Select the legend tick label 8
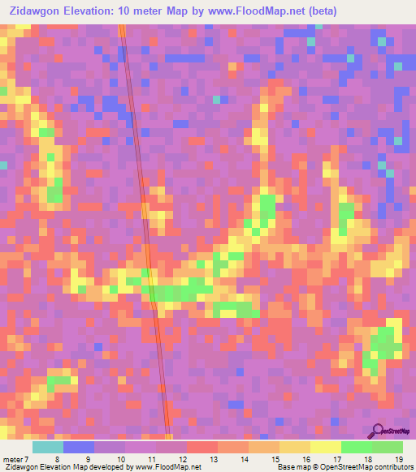click(57, 459)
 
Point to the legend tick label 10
click(120, 459)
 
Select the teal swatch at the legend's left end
click(47, 447)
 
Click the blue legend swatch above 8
click(79, 447)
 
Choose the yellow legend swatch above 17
click(325, 447)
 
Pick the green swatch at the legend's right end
click(387, 447)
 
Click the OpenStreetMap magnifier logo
click(377, 430)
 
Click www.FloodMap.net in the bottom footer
click(162, 467)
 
